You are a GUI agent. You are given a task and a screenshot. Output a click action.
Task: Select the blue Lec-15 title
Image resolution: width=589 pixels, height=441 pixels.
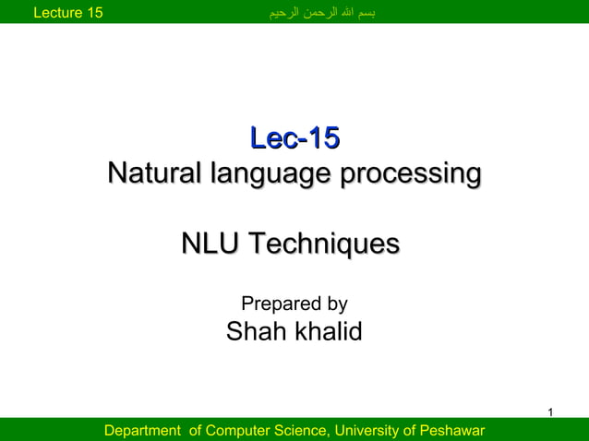(294, 139)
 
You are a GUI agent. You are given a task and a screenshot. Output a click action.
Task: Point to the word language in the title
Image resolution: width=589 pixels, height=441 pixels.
(273, 173)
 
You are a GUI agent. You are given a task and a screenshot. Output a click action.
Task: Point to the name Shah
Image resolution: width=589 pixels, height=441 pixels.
(256, 332)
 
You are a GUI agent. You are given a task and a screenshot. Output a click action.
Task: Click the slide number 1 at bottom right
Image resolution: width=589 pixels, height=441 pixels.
(550, 411)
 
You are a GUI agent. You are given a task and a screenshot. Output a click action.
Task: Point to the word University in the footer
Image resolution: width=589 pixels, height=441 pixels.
(366, 431)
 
